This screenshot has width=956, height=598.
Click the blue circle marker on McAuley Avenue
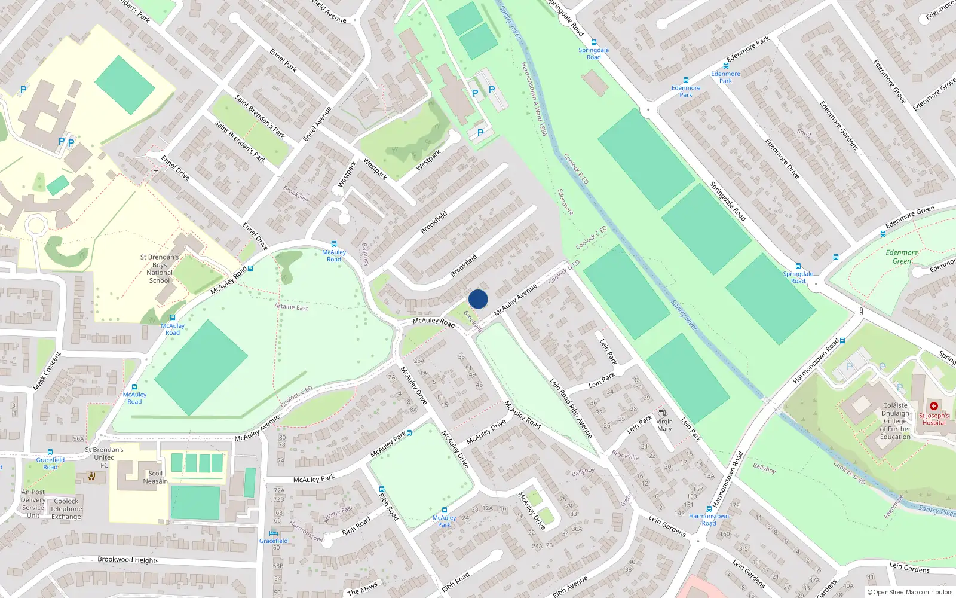[x=478, y=299]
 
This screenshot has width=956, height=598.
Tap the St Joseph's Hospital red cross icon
[x=934, y=406]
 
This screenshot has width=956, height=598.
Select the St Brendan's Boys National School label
[x=160, y=269]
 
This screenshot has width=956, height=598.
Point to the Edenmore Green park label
[x=902, y=257]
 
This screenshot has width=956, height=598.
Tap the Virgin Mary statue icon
[x=663, y=413]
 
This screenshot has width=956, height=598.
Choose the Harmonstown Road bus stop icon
[x=709, y=509]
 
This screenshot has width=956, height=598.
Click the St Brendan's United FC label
[x=104, y=457]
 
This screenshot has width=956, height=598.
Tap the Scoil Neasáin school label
[x=155, y=477]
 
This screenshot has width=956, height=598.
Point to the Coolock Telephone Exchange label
[x=66, y=509]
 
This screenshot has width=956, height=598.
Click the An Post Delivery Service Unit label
[x=33, y=504]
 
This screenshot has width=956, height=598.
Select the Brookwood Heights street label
[x=128, y=560]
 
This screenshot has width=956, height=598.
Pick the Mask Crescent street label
[x=47, y=371]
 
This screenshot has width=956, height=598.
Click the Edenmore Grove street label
[x=889, y=81]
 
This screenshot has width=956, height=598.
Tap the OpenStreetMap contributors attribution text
[x=909, y=592]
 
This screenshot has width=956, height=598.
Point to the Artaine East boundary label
[x=291, y=307]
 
